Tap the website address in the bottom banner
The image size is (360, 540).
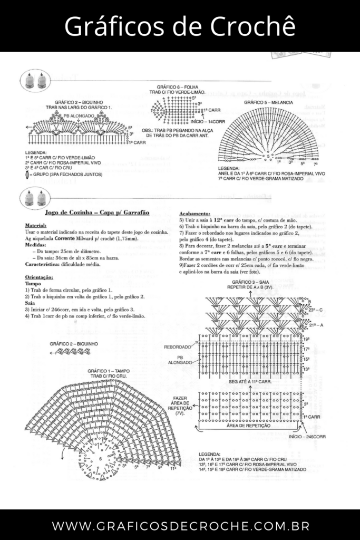coord(180,526)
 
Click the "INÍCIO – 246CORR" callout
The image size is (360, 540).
coord(307,437)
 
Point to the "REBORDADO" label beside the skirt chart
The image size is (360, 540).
coord(178,347)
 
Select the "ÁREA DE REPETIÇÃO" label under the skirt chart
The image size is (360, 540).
coord(249,425)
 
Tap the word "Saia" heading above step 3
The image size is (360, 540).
coord(31,303)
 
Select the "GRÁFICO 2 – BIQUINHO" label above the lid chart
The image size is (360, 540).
coord(74,343)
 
